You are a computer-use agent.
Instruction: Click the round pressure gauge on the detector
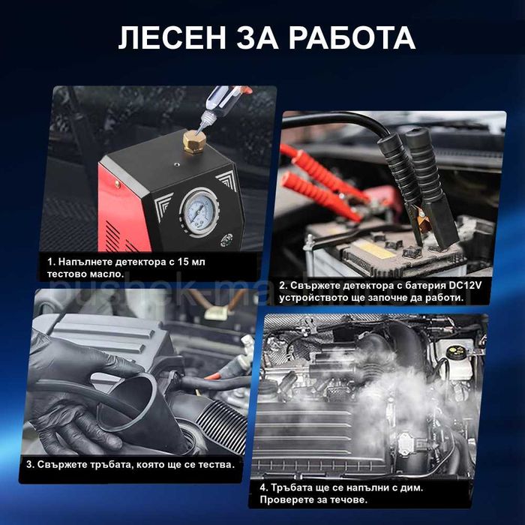200,211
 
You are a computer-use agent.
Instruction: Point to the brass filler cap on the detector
194,142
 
